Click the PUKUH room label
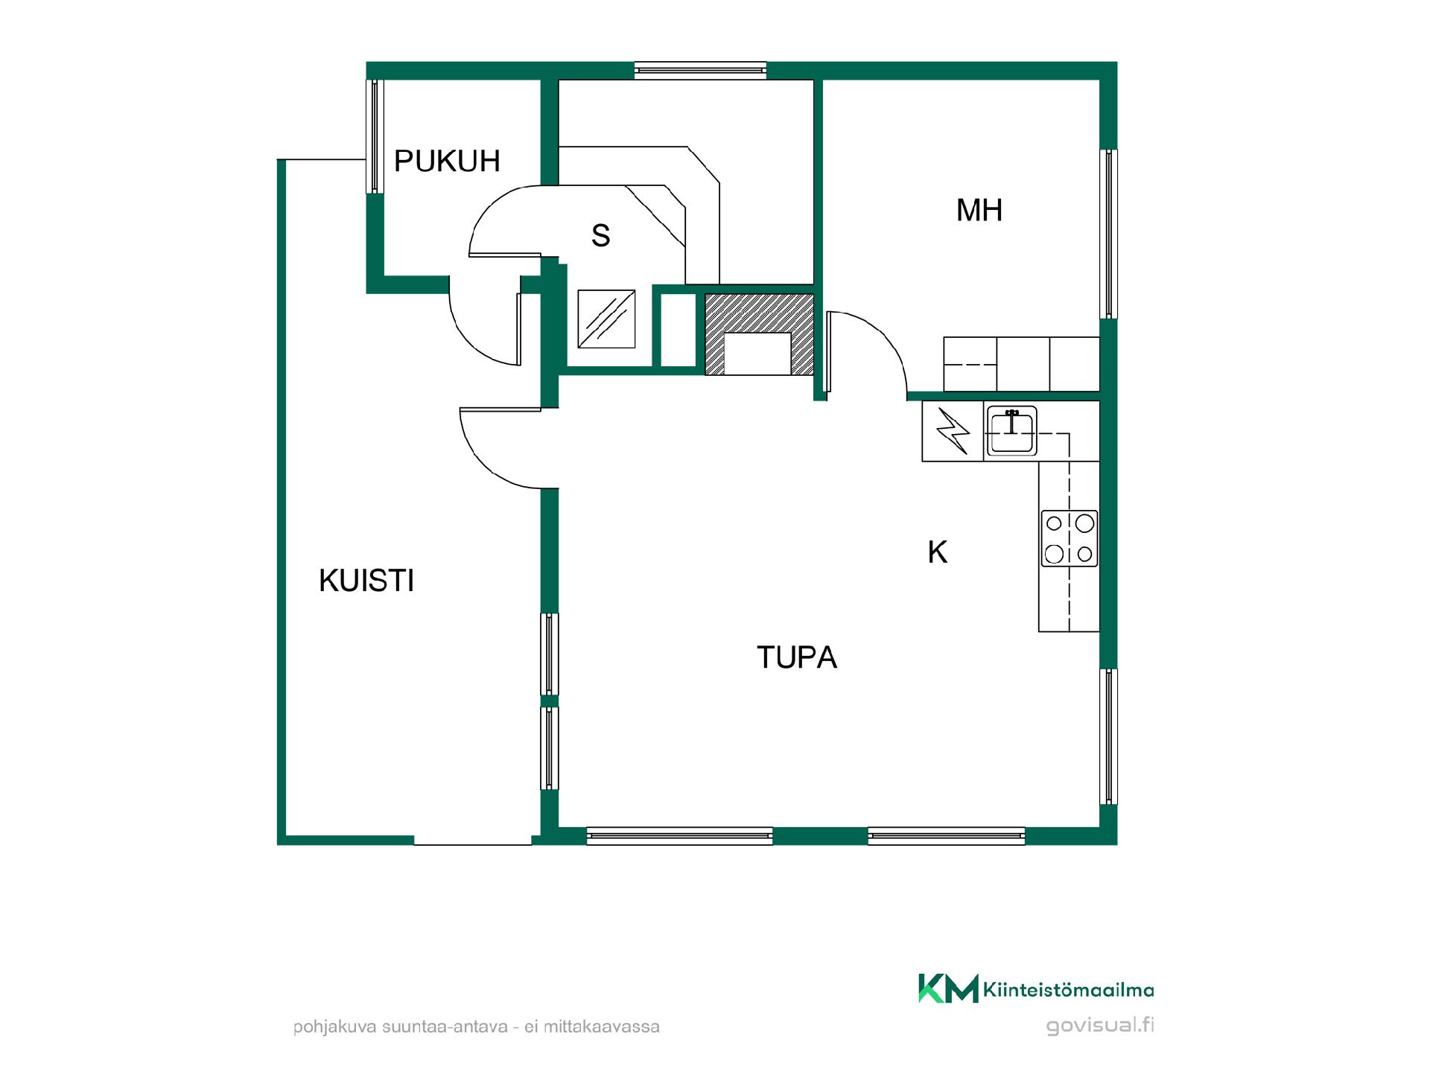coord(447,161)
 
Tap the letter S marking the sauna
coord(601,235)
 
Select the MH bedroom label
coord(979,210)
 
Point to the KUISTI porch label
coord(366,581)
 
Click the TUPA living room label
coord(797,657)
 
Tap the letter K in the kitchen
coord(938,552)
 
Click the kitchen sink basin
coord(1011,431)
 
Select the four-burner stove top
coord(1070,539)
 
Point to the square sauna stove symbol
coord(607,319)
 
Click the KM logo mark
coord(948,988)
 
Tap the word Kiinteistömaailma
coord(1069,989)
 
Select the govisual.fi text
coord(1100,1026)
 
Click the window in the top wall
coord(700,71)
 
